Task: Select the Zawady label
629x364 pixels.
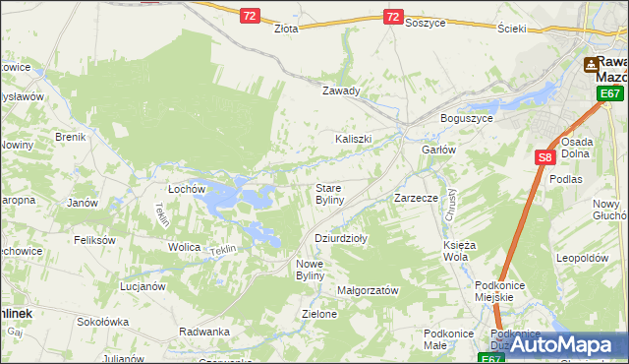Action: point(342,91)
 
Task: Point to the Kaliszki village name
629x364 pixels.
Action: point(353,139)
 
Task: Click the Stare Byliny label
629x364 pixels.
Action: point(328,193)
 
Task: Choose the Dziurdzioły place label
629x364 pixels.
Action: point(340,238)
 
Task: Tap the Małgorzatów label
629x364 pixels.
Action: point(367,291)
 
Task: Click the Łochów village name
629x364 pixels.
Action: point(186,187)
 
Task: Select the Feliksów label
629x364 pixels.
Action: point(95,240)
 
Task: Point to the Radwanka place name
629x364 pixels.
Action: point(204,332)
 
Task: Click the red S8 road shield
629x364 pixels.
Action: point(545,156)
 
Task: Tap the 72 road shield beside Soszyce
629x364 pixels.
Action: point(392,17)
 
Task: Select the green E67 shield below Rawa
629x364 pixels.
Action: point(610,93)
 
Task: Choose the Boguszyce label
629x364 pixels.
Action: point(469,118)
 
